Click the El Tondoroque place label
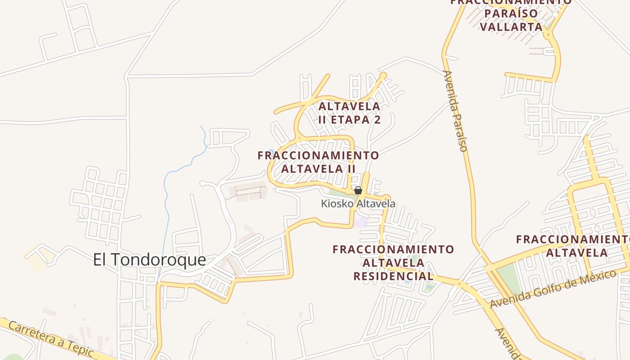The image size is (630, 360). (x=149, y=260)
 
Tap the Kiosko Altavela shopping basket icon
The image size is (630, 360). (x=358, y=191)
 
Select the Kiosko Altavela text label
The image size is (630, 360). (x=358, y=204)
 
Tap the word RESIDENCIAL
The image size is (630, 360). (x=393, y=276)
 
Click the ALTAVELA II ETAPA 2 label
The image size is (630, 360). (x=350, y=113)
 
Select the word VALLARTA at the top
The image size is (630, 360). (x=511, y=27)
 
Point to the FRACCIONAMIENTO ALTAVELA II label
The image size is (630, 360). (x=318, y=162)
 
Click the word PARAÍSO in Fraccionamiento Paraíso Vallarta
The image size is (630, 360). (x=511, y=13)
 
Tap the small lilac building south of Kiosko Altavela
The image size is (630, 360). (x=360, y=222)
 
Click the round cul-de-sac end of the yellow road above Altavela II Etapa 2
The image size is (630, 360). (x=383, y=75)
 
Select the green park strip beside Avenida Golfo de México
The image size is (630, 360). (x=509, y=277)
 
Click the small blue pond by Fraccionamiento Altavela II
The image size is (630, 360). (x=271, y=152)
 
